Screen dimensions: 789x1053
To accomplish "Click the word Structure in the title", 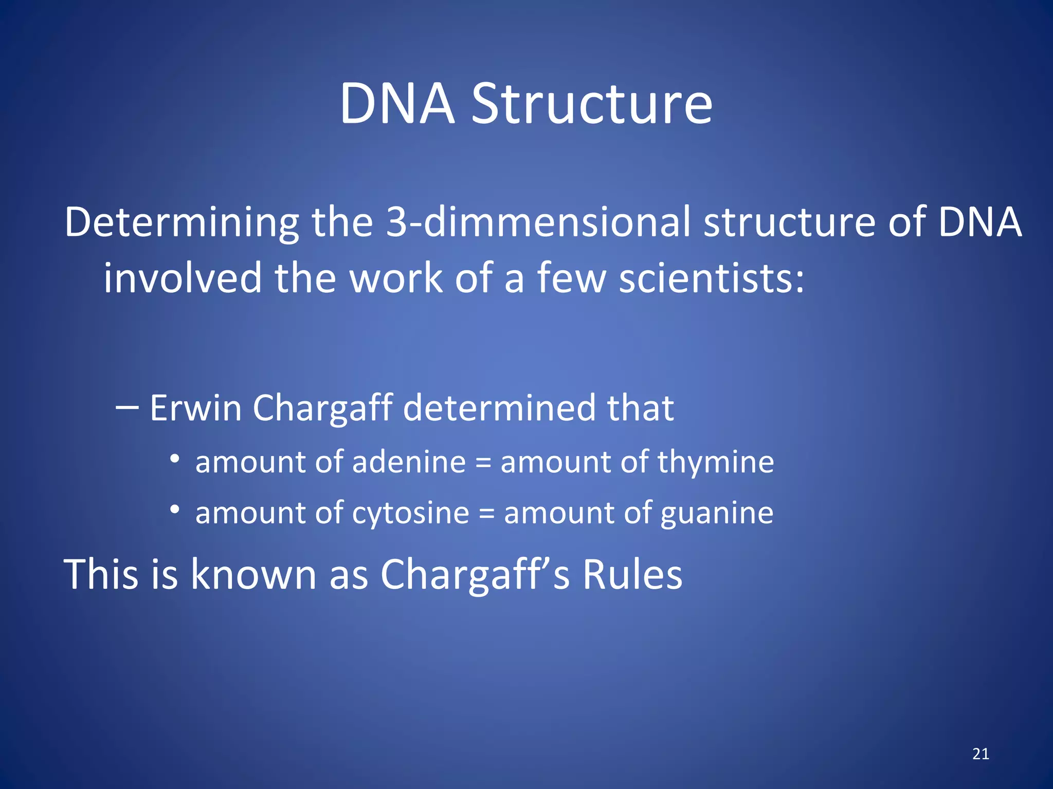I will [592, 104].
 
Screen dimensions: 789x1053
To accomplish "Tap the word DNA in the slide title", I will [397, 104].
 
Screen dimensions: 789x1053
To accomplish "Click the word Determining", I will [181, 223].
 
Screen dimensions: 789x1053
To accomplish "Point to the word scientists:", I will [711, 278].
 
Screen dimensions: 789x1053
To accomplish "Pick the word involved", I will [183, 278].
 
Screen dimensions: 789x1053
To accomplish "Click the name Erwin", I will [195, 408].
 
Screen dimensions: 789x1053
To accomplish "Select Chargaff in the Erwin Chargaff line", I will [323, 409].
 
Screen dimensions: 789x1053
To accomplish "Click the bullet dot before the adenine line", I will [175, 458].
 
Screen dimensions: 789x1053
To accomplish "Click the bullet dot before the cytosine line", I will [175, 509].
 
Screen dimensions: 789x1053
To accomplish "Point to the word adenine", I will [409, 461].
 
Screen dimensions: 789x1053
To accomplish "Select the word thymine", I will [715, 462].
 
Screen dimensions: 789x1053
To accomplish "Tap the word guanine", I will [716, 513].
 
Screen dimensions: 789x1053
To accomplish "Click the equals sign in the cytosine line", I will [486, 514].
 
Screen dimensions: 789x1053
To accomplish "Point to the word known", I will [253, 574].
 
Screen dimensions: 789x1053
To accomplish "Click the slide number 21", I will [981, 754].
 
